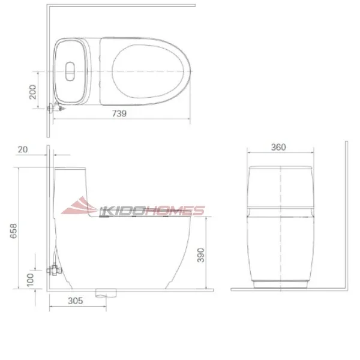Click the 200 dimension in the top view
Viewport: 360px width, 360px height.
[x=33, y=91]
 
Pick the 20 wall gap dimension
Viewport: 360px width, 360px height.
[x=23, y=150]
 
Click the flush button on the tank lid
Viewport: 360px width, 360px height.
[x=70, y=71]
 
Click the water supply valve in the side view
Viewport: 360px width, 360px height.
[x=55, y=270]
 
